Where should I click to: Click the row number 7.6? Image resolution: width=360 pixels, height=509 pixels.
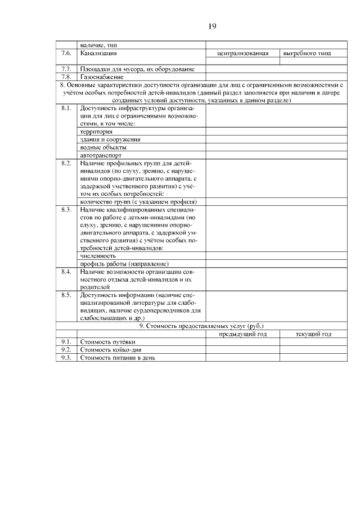pyautogui.click(x=66, y=53)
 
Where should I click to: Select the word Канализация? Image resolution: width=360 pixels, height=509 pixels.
pyautogui.click(x=98, y=53)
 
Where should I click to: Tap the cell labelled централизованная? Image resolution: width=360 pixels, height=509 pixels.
pyautogui.click(x=242, y=53)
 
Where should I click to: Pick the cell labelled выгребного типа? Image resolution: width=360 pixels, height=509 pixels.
pyautogui.click(x=307, y=53)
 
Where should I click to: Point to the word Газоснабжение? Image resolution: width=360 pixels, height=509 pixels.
pyautogui.click(x=101, y=76)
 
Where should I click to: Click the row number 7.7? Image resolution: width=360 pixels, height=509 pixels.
pyautogui.click(x=66, y=69)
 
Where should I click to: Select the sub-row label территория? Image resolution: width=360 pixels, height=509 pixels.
pyautogui.click(x=97, y=131)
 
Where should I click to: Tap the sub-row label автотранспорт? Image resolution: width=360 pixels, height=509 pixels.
pyautogui.click(x=101, y=155)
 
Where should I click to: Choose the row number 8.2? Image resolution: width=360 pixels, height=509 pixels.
pyautogui.click(x=66, y=163)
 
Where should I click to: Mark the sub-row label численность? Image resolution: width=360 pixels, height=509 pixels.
pyautogui.click(x=98, y=255)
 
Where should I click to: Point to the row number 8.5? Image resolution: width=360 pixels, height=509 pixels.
pyautogui.click(x=66, y=294)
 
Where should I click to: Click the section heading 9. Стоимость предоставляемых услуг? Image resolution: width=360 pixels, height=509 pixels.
pyautogui.click(x=201, y=326)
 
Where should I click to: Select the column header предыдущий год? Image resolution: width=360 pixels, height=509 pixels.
pyautogui.click(x=242, y=334)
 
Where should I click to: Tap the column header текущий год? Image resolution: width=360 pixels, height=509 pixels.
pyautogui.click(x=313, y=334)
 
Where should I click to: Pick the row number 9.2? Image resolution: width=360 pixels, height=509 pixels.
pyautogui.click(x=66, y=349)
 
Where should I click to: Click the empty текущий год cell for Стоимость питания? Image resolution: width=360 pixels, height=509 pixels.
pyautogui.click(x=313, y=357)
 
